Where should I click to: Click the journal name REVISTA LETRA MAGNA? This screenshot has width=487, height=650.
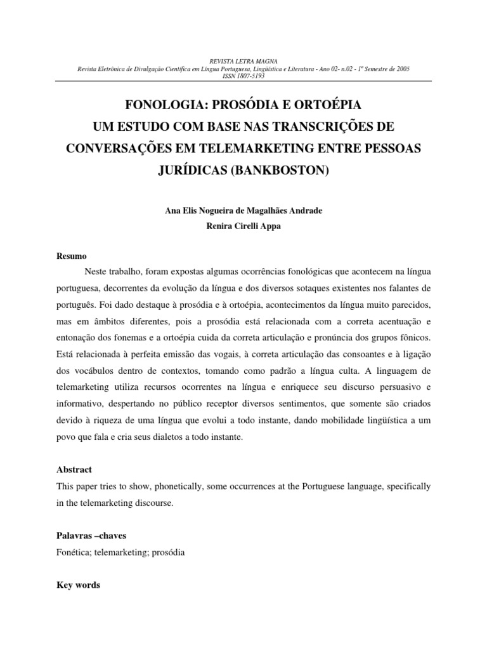point(243,62)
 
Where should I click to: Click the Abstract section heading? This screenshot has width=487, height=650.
point(74,470)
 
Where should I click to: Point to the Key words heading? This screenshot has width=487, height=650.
point(79,585)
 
